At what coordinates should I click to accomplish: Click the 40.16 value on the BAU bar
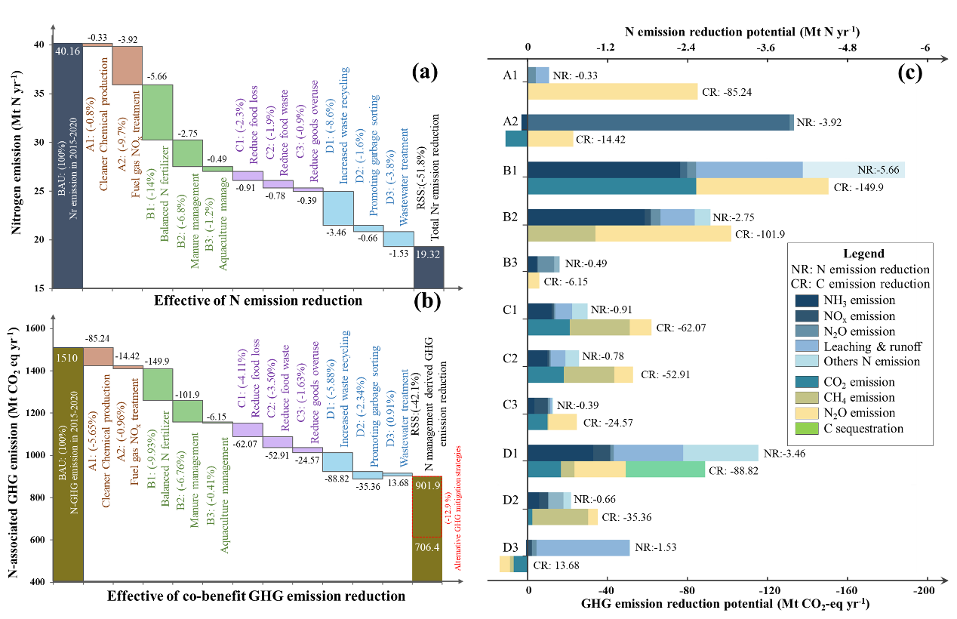(x=66, y=51)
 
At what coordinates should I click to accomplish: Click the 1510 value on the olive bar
(x=66, y=356)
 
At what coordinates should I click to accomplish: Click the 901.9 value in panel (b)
(x=427, y=485)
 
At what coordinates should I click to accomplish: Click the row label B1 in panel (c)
(x=510, y=171)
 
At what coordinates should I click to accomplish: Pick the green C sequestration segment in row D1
(x=665, y=470)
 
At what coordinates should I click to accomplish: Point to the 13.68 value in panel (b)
(x=398, y=482)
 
